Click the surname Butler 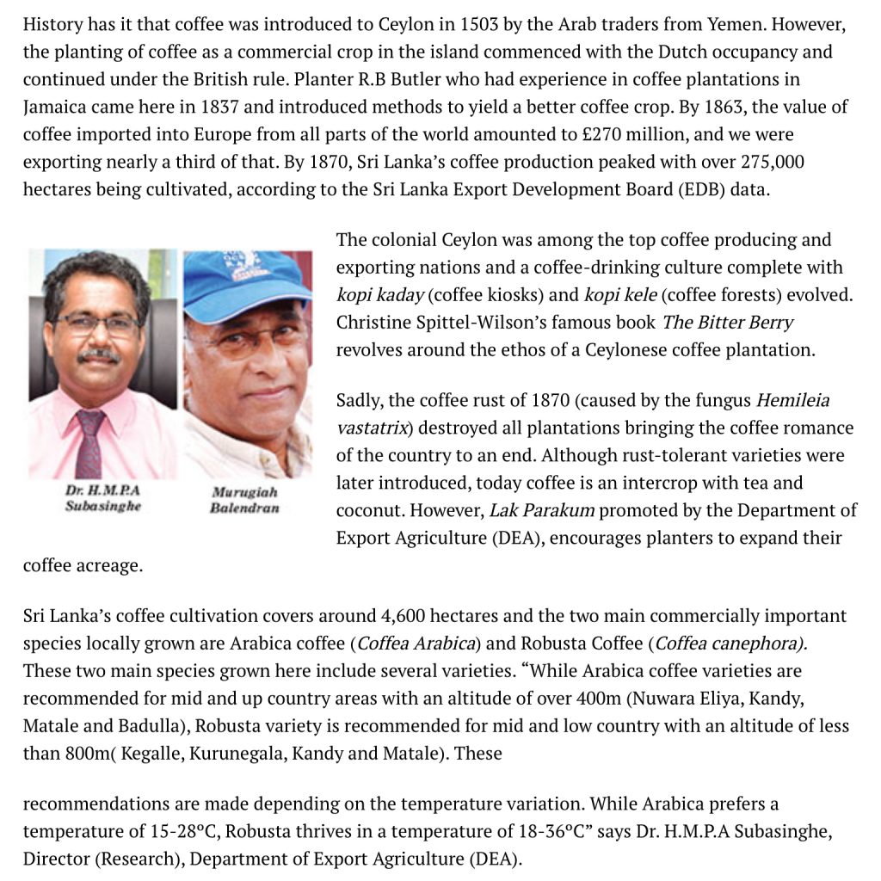[399, 79]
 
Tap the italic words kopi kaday [379, 295]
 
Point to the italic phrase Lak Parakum [541, 510]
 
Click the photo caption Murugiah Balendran [244, 500]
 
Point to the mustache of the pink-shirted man [99, 354]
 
